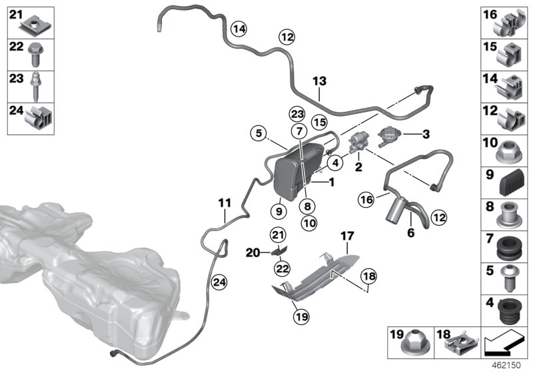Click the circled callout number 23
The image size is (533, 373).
pos(297,114)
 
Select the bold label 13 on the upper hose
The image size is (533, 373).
pos(320,81)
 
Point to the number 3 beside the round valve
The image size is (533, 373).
pos(426,134)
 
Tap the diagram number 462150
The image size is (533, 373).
pos(506,365)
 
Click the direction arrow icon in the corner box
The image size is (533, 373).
pos(504,344)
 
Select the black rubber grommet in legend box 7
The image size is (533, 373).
pos(508,248)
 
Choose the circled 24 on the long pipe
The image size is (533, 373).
pos(219,282)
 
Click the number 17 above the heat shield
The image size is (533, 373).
pos(347,236)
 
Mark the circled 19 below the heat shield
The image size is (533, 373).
pos(302,317)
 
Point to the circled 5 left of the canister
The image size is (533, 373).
pos(259,133)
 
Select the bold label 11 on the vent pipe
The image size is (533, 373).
pos(225,203)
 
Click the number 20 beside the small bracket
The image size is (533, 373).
pos(253,252)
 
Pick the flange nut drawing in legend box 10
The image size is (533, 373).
pos(509,152)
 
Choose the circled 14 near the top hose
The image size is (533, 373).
pos(239,29)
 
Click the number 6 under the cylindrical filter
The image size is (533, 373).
pos(411,232)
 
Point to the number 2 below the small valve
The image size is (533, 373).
pos(358,167)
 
